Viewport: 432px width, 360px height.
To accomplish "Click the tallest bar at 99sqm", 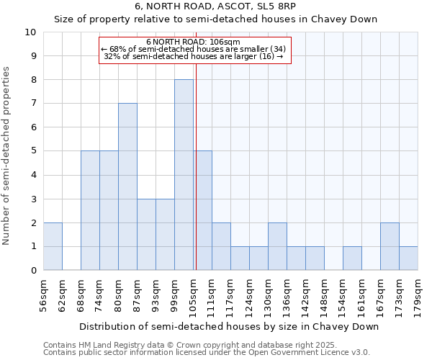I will tap(184, 175).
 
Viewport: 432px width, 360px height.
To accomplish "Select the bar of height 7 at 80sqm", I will tap(127, 187).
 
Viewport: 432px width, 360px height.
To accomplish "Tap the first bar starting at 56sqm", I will tap(53, 246).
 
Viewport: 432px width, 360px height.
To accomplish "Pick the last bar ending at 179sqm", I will tap(408, 258).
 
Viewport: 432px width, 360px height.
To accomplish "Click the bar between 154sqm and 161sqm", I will tap(352, 258).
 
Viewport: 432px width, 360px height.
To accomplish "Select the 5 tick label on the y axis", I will tap(33, 151).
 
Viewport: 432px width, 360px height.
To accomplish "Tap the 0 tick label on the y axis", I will tap(33, 271).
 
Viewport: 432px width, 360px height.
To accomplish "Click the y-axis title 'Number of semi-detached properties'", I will tap(7, 156).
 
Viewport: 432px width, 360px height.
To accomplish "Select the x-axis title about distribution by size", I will tap(229, 326).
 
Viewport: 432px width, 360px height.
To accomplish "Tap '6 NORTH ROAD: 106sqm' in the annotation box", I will tap(193, 42).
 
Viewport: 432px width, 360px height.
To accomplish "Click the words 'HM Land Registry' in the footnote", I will tap(119, 345).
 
